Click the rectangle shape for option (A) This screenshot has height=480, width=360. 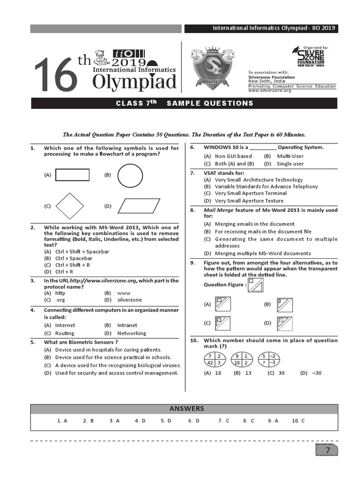click(72, 175)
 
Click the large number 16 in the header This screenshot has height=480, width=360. click(55, 75)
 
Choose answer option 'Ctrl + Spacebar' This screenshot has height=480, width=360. click(74, 258)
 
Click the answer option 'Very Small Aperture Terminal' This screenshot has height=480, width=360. click(251, 193)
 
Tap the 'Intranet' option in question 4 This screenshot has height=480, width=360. click(127, 325)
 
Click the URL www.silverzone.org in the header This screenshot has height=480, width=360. click(270, 90)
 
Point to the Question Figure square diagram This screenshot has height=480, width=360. click(255, 286)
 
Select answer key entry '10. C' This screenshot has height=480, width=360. click(298, 421)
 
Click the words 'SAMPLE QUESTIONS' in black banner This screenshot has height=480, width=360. click(210, 103)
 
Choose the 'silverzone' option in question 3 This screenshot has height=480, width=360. click(129, 300)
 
